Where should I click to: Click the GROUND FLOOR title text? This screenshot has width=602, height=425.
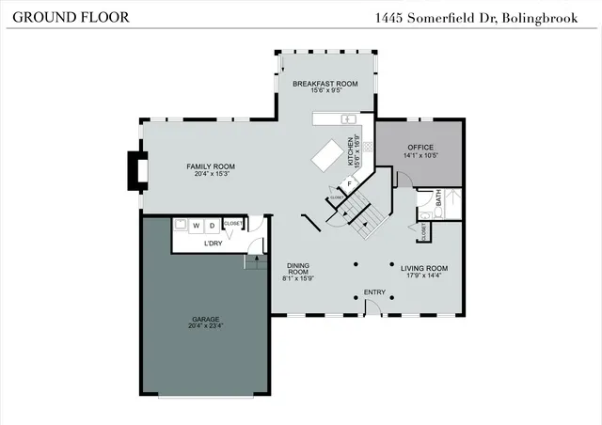click(57, 18)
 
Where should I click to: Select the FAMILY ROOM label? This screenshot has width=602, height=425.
click(210, 166)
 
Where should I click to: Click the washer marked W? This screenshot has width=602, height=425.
click(197, 226)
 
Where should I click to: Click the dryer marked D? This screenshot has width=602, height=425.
click(212, 226)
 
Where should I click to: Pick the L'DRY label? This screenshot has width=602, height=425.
click(214, 244)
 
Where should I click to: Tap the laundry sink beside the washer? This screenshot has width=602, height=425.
click(179, 226)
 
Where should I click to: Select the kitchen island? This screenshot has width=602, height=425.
click(330, 156)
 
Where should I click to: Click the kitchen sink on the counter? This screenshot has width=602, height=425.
click(346, 119)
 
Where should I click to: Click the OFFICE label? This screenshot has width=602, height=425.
click(420, 148)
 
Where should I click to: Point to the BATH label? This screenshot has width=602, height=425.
click(437, 198)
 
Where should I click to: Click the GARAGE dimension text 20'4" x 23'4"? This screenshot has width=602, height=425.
click(206, 326)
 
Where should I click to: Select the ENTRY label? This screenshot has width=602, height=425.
click(374, 292)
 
